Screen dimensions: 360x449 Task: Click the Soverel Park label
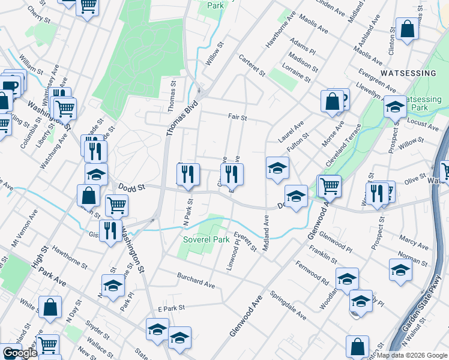pyautogui.click(x=206, y=240)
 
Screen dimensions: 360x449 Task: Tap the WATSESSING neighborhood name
pyautogui.click(x=408, y=73)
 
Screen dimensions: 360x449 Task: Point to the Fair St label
pyautogui.click(x=237, y=118)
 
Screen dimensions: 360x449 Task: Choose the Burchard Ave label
pyautogui.click(x=195, y=280)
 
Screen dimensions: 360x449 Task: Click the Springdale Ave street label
pyautogui.click(x=288, y=307)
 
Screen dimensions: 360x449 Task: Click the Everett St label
pyautogui.click(x=246, y=241)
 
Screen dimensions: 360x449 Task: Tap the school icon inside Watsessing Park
pyautogui.click(x=395, y=107)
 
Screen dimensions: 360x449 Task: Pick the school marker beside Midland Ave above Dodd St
pyautogui.click(x=278, y=169)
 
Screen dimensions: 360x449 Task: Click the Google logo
pyautogui.click(x=20, y=353)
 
